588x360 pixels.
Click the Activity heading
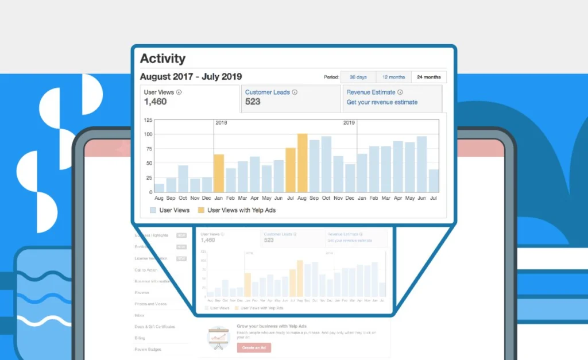[x=163, y=59]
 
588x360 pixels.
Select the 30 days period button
[x=358, y=77]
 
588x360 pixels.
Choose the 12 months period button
[x=393, y=77]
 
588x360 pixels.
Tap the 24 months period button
[x=429, y=77]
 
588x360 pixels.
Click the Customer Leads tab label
[x=268, y=92]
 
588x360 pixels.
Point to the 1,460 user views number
[x=155, y=102]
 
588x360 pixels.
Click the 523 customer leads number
[x=253, y=102]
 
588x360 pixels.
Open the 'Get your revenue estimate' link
[x=382, y=102]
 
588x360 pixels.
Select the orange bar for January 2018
[x=219, y=173]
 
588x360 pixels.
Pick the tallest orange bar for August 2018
[x=303, y=163]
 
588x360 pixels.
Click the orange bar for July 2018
[x=291, y=170]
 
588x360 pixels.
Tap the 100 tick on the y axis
[x=148, y=134]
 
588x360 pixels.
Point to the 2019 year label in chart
[x=349, y=123]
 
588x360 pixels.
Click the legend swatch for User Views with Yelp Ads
[x=201, y=210]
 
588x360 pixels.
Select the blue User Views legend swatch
[x=153, y=210]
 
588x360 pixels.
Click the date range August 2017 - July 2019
[x=191, y=77]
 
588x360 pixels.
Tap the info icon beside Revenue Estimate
[x=400, y=92]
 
